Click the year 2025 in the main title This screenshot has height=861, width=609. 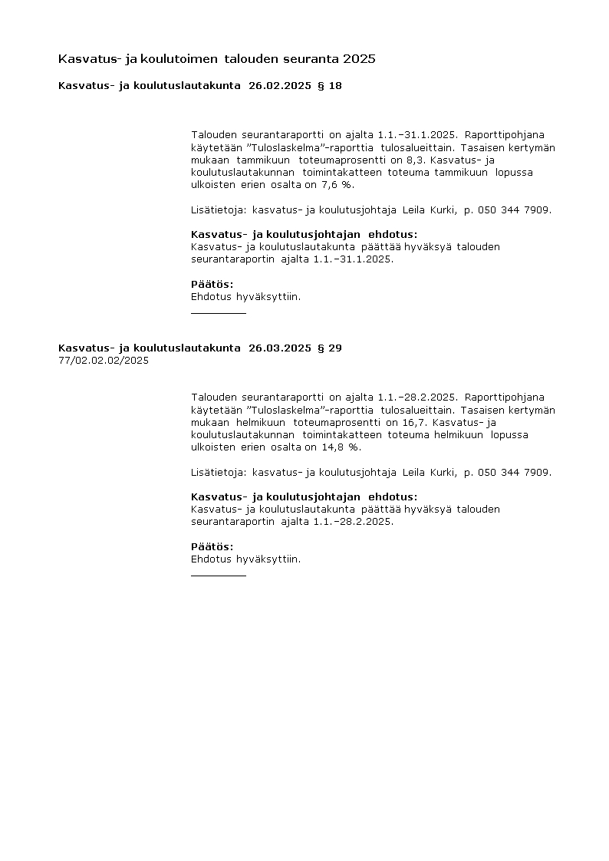pyautogui.click(x=360, y=58)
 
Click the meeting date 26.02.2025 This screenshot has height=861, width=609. pyautogui.click(x=280, y=86)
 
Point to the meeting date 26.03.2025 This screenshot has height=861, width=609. pyautogui.click(x=280, y=348)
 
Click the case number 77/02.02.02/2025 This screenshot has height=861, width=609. pyautogui.click(x=104, y=360)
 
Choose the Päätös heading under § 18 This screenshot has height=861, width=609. pyautogui.click(x=212, y=284)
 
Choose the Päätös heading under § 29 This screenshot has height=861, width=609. pyautogui.click(x=212, y=546)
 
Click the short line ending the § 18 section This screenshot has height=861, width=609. pyautogui.click(x=219, y=313)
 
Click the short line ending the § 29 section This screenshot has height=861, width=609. pyautogui.click(x=219, y=575)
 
